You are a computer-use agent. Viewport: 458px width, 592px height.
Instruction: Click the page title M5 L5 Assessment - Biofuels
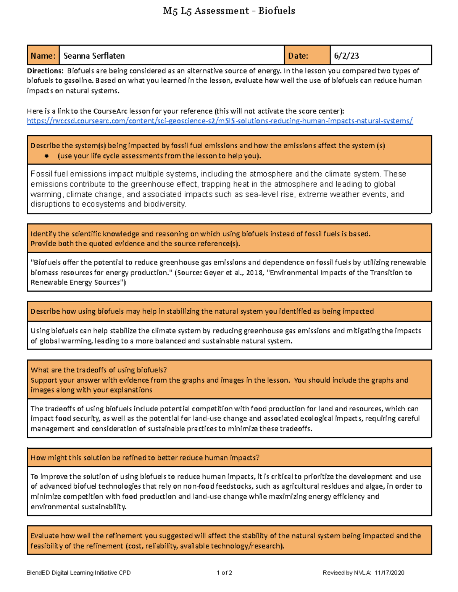229,11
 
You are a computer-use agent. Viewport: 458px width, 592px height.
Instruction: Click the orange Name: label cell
43,56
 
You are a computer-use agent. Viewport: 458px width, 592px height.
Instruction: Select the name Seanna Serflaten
94,56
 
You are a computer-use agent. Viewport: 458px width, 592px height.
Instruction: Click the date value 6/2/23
346,56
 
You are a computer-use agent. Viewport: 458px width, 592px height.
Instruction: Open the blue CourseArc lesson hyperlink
219,121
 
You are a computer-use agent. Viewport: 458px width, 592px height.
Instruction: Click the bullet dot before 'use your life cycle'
47,156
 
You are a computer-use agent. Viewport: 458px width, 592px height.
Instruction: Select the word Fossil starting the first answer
41,174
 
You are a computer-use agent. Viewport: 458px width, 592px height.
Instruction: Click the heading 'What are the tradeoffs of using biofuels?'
98,370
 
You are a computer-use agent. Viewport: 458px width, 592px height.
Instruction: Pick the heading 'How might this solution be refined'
145,458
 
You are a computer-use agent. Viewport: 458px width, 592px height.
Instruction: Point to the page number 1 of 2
224,573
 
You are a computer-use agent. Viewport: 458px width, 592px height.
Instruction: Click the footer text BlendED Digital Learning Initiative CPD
79,573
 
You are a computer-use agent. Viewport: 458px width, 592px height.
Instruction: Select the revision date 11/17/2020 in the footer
389,573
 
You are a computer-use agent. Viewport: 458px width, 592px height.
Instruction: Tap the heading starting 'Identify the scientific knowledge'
200,234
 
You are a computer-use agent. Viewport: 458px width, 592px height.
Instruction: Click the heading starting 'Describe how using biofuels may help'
202,311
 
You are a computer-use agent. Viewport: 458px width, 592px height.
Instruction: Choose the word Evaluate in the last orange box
45,536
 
